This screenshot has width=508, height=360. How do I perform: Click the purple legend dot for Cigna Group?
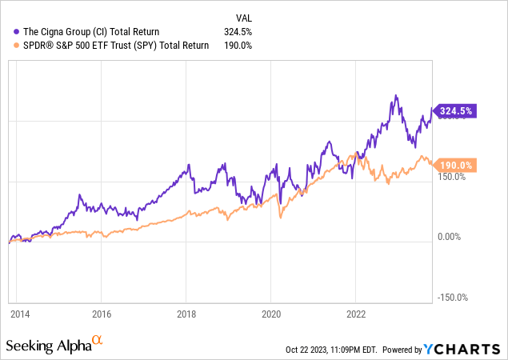(x=17, y=32)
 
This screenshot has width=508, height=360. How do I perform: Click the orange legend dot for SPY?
(x=17, y=46)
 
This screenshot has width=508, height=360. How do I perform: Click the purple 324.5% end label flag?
(x=454, y=112)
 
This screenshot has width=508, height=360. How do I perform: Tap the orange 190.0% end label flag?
(x=454, y=165)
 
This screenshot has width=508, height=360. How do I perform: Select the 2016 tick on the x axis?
(x=101, y=314)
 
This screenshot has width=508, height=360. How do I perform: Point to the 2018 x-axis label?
(x=186, y=314)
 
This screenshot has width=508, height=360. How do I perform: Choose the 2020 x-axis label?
(x=271, y=314)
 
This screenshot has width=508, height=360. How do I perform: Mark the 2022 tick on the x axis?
(x=356, y=314)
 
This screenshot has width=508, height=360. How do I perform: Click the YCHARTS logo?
(x=464, y=349)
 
